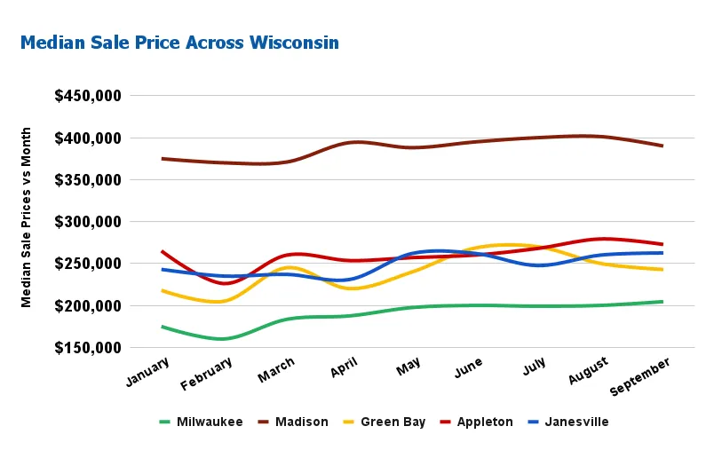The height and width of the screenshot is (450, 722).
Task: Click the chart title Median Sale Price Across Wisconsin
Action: coord(179,43)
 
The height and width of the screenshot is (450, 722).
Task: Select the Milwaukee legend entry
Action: coord(210,422)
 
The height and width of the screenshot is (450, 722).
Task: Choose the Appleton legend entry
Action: coord(485,422)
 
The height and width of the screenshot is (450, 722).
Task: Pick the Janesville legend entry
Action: coord(576,422)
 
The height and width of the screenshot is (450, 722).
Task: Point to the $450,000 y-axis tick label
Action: coord(88,96)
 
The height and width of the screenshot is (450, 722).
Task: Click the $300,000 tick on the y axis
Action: coord(88,222)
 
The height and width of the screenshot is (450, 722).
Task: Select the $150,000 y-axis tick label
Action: coord(88,348)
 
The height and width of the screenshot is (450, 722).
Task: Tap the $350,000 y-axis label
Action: coord(88,180)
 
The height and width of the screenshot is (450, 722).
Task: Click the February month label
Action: coord(207,373)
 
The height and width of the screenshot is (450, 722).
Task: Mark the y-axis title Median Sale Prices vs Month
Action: coord(27,217)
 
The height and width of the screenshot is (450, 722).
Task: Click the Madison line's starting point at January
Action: coord(162,159)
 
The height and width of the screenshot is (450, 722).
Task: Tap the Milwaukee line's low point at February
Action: coord(222,339)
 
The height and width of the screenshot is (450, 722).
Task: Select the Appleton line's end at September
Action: coord(662,244)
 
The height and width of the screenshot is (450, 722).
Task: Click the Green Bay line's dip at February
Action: coord(219,302)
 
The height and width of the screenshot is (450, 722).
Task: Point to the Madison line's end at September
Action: coord(662,146)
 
